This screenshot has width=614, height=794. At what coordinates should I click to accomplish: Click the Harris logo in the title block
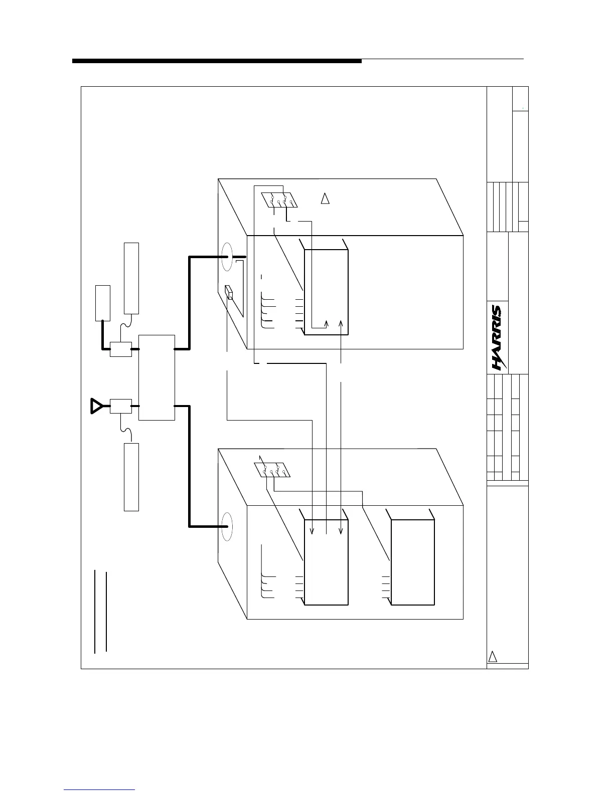click(x=497, y=338)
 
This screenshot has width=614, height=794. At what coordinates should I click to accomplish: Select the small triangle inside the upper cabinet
click(x=325, y=198)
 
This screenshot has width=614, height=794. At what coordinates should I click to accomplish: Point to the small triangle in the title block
click(x=493, y=657)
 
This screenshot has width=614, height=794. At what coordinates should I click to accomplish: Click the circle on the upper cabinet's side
click(x=228, y=258)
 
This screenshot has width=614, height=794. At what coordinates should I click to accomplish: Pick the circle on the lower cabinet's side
click(x=227, y=526)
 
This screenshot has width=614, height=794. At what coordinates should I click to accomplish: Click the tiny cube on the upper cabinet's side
click(x=229, y=293)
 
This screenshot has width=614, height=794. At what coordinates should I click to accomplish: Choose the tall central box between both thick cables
click(x=157, y=377)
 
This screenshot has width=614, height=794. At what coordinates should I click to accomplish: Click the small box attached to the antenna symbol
click(x=121, y=406)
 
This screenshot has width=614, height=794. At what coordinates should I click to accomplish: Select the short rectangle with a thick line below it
click(x=103, y=303)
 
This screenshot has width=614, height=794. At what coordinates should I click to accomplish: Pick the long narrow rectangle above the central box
click(x=131, y=278)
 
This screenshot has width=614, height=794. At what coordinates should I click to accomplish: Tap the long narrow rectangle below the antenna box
click(x=131, y=477)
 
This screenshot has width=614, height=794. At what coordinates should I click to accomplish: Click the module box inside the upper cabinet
click(x=326, y=291)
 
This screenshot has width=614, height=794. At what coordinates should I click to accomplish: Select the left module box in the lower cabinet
click(x=326, y=562)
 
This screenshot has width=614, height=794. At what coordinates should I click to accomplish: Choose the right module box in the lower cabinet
click(x=412, y=562)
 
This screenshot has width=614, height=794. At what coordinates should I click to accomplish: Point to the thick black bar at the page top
click(x=217, y=61)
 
